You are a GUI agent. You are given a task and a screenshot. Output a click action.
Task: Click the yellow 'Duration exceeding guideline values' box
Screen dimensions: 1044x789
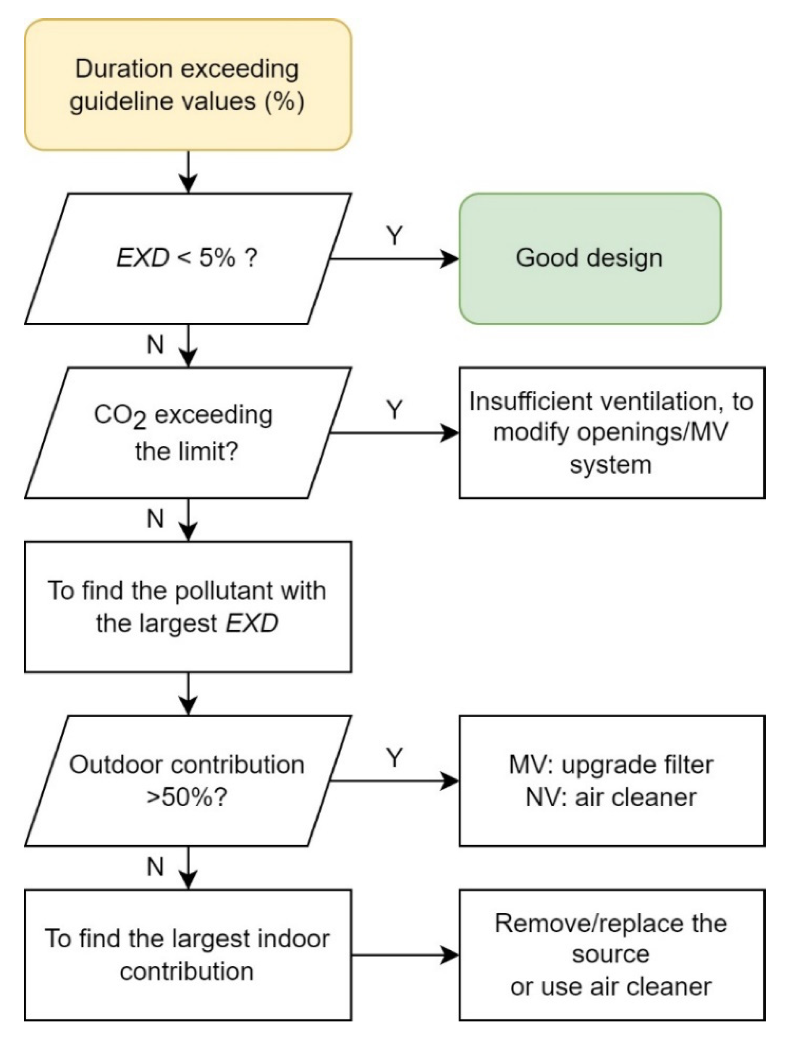188,85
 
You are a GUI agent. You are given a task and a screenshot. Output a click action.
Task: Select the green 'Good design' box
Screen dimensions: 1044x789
590,259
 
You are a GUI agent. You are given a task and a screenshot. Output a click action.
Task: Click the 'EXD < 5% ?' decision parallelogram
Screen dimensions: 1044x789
188,259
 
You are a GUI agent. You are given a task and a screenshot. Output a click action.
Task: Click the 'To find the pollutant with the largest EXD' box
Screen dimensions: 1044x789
188,606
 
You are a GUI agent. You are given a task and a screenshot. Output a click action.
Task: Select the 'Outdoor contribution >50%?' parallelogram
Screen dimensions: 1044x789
188,781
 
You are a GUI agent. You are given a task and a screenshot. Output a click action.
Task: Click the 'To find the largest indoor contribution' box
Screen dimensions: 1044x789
188,955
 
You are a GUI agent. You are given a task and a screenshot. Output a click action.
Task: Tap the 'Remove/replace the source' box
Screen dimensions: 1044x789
612,955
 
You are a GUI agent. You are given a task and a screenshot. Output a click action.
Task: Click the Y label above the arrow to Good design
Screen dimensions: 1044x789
394,235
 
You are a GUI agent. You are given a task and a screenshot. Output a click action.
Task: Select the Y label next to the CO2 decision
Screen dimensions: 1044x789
394,409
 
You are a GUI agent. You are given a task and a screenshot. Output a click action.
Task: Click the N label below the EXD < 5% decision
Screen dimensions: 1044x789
155,345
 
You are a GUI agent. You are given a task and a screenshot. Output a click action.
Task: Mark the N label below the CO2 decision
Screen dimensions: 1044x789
155,519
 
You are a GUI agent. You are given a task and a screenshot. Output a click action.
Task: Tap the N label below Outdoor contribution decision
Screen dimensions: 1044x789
155,867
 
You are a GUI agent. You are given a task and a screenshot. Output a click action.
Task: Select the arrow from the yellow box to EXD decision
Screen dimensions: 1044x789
189,172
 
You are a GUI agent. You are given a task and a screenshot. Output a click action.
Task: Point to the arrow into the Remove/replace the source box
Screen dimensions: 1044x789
406,955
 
